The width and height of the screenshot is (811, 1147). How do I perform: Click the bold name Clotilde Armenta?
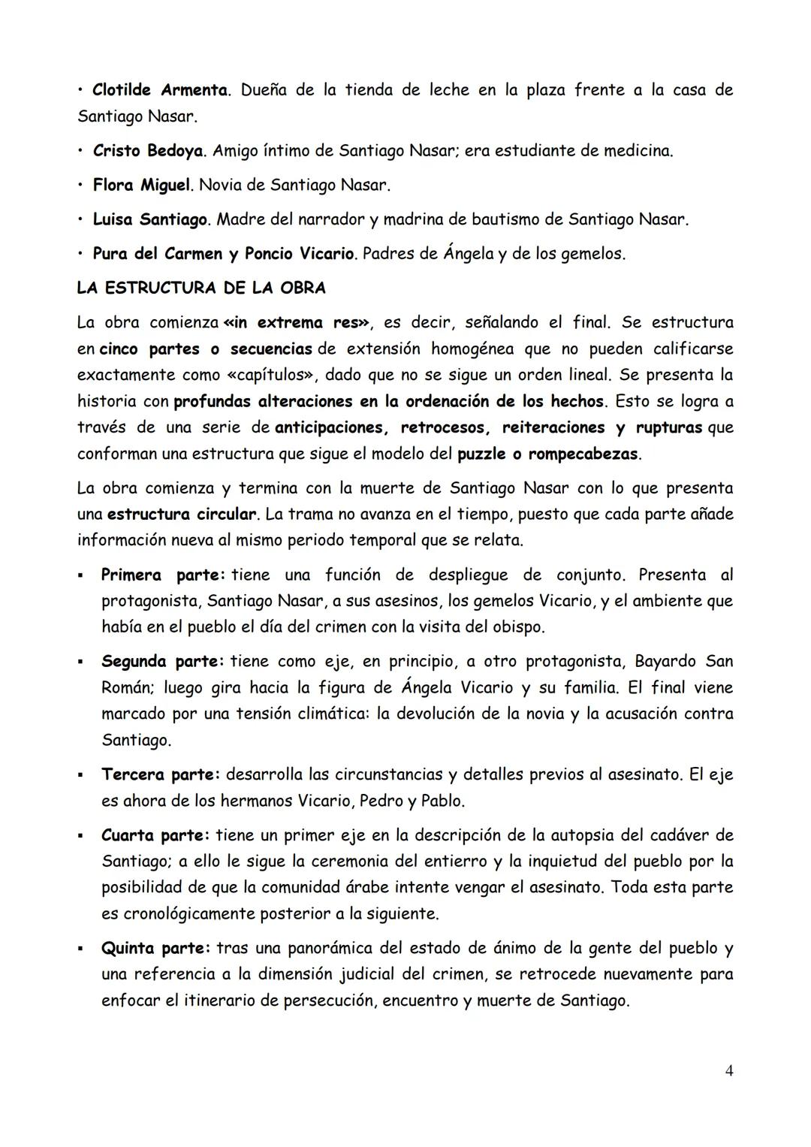pos(160,90)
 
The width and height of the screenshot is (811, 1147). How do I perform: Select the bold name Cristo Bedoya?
pos(148,151)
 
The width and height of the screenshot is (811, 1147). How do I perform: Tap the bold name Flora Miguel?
pos(141,185)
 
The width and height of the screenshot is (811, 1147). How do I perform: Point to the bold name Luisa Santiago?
pos(150,219)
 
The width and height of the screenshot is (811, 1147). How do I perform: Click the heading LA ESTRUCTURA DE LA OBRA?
pos(201,288)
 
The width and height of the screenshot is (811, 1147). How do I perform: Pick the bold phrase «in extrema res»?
pos(297,323)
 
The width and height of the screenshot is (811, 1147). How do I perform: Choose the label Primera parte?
pos(163,575)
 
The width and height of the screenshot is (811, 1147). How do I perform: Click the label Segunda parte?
pos(163,662)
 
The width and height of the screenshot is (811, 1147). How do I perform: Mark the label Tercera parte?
pos(161,774)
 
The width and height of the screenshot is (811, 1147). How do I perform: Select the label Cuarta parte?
pos(156,835)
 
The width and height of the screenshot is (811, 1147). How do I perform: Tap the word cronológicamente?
pos(187,914)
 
